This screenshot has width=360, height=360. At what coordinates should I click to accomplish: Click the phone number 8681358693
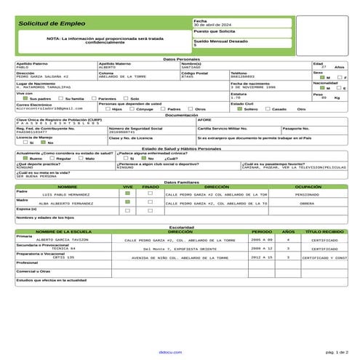point(244,76)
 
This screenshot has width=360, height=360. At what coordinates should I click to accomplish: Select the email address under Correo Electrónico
point(45,108)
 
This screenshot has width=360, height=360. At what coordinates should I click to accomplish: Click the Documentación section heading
point(180,115)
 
